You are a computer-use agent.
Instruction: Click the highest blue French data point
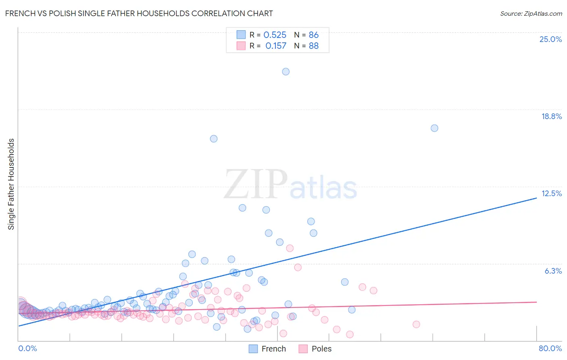point(286,71)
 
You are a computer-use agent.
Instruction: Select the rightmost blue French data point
point(434,128)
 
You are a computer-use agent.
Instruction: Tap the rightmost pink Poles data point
point(416,324)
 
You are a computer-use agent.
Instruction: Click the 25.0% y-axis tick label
point(550,39)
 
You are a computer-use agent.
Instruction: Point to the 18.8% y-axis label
point(551,116)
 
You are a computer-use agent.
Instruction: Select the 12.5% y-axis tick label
point(551,193)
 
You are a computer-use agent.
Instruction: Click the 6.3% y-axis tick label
point(553,271)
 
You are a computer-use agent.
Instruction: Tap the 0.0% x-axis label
point(27,348)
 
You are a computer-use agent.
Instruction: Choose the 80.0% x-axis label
point(550,348)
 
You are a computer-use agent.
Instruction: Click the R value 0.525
point(275,35)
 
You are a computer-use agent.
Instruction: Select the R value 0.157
point(276,46)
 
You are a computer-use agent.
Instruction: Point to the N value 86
point(313,35)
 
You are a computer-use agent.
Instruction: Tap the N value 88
point(313,46)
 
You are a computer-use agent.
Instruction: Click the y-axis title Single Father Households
point(11,184)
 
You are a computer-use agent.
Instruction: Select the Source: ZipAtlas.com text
point(531,14)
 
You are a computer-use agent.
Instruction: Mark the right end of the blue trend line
point(536,198)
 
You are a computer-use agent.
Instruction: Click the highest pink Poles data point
point(290,248)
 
